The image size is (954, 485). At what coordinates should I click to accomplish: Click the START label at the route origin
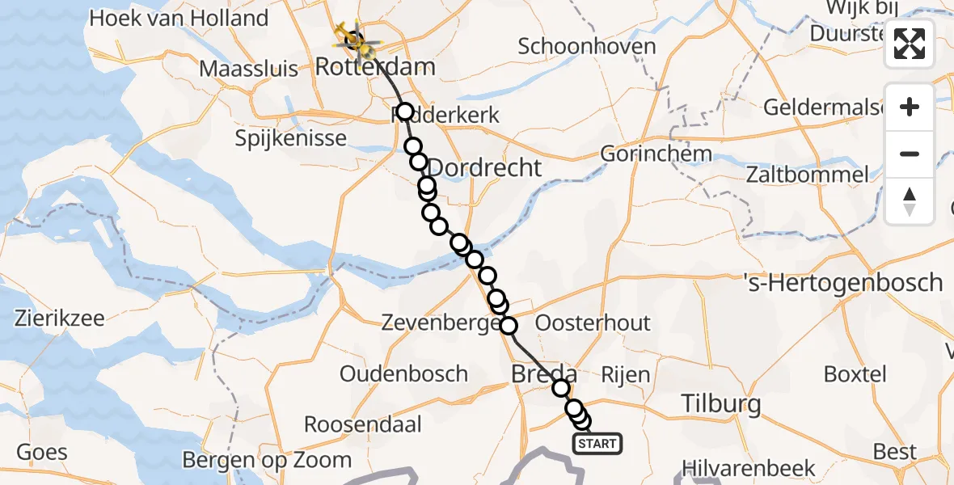coord(597,443)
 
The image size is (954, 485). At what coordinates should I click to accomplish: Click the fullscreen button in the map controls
coord(910,44)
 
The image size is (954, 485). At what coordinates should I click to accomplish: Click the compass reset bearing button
coord(910,201)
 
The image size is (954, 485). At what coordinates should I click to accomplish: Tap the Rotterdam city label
coord(374,67)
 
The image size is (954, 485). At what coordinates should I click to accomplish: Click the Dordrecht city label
coord(483,168)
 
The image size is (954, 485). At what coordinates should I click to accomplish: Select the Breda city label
coord(544,374)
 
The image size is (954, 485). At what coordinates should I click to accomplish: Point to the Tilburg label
coord(721,403)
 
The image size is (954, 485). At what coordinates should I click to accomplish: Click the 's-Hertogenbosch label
coord(843,283)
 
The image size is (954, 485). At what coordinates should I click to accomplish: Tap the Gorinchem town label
coord(656,154)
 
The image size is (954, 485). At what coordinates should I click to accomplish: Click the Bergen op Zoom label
coord(267,460)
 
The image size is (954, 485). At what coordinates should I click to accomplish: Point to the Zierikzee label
coord(59,318)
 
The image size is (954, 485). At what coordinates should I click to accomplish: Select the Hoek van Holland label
coord(179,18)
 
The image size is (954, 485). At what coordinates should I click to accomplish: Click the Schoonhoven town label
coord(587,46)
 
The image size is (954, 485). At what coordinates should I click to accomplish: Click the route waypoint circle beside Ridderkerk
coord(404,112)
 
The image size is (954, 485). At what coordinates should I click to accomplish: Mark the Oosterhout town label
coord(593,323)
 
